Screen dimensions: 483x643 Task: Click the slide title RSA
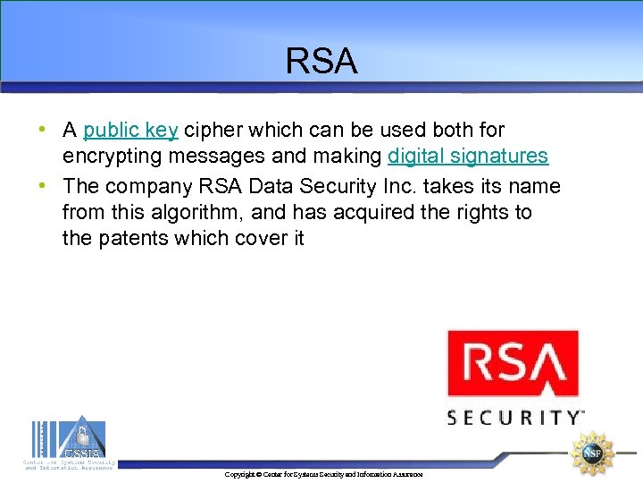[321, 61]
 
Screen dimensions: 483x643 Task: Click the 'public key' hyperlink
[131, 131]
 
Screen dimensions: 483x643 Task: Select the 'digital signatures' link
[468, 156]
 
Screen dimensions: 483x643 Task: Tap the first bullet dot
[43, 130]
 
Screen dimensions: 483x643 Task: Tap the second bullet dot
[43, 186]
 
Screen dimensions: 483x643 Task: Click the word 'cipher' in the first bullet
[213, 131]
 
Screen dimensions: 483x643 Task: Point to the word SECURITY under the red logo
[514, 418]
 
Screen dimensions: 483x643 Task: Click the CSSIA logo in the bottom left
[69, 443]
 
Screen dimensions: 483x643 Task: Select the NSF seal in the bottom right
[593, 453]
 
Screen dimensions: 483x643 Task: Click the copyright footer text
[324, 474]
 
